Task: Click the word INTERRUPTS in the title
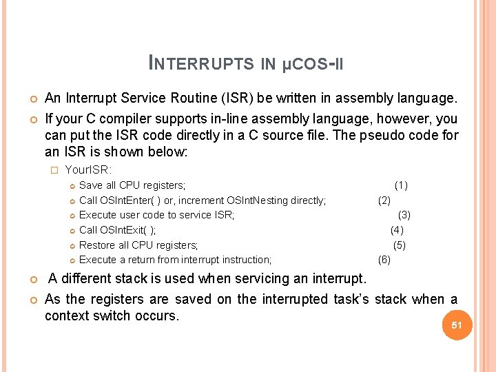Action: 201,63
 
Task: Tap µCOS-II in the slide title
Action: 313,63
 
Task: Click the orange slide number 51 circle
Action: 456,324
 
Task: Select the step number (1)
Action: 401,185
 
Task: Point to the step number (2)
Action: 384,200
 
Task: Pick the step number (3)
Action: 404,215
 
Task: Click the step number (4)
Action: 397,230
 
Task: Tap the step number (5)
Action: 400,245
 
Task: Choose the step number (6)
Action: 384,260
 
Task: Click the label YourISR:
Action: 88,169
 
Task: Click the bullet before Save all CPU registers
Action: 72,186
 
